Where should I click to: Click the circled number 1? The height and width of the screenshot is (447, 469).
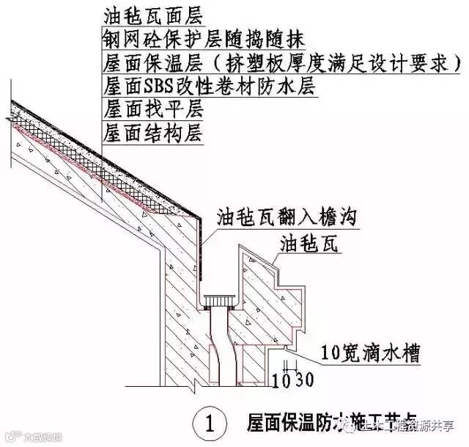click(x=210, y=424)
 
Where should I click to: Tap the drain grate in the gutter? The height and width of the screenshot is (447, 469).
click(x=217, y=301)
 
